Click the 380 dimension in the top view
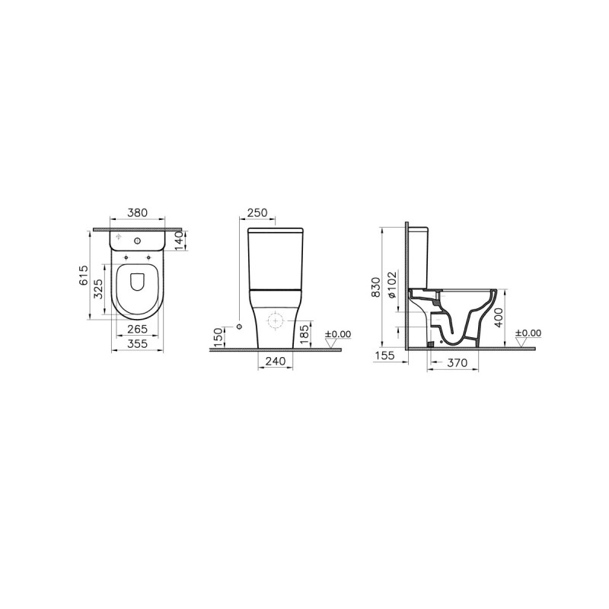click(138, 212)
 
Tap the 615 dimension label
click(84, 276)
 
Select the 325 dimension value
click(99, 289)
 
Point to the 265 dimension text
click(138, 329)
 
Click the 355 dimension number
click(138, 343)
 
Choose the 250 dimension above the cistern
click(257, 212)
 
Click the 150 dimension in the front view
click(219, 337)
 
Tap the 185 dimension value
click(305, 335)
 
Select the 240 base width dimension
click(276, 361)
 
